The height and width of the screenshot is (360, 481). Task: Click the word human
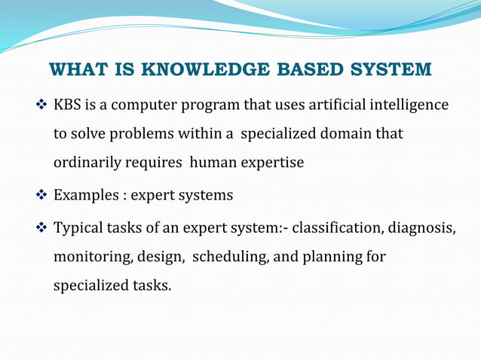click(x=213, y=163)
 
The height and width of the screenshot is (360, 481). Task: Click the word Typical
click(x=78, y=227)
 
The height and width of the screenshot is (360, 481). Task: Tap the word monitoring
click(x=93, y=258)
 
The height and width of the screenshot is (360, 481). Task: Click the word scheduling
click(x=230, y=258)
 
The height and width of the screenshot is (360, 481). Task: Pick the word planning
click(x=331, y=258)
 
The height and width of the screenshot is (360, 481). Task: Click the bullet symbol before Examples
click(x=42, y=195)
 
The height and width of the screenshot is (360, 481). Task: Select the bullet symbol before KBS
click(x=42, y=104)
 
